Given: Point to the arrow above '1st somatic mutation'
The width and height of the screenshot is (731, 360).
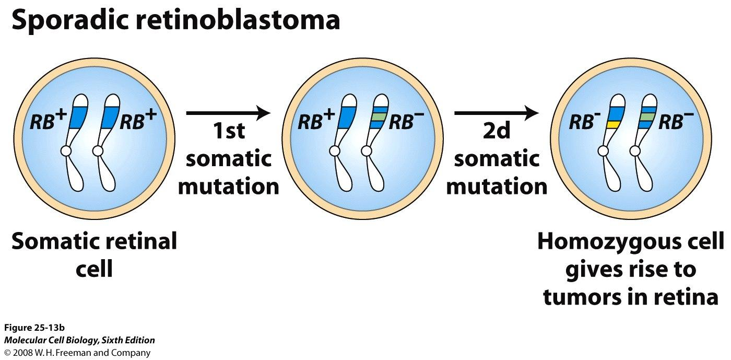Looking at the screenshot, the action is [229, 113].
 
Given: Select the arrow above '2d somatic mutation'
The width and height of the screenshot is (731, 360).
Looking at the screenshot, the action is [497, 113].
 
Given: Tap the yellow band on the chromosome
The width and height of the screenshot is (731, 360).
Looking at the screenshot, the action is [613, 124].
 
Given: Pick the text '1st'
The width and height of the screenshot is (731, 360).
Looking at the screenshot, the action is [229, 131].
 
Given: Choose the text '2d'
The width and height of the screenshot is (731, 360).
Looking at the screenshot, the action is [497, 131].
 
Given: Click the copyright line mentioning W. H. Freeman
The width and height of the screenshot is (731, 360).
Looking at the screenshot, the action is [77, 353].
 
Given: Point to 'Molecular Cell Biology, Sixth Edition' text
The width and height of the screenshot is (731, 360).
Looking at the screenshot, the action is [79, 340].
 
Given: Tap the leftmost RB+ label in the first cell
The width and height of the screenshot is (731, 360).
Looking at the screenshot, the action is [48, 120].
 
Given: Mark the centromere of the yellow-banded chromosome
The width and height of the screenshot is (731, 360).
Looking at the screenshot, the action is [603, 151].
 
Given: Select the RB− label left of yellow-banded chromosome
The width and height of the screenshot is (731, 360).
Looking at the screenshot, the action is [584, 122].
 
